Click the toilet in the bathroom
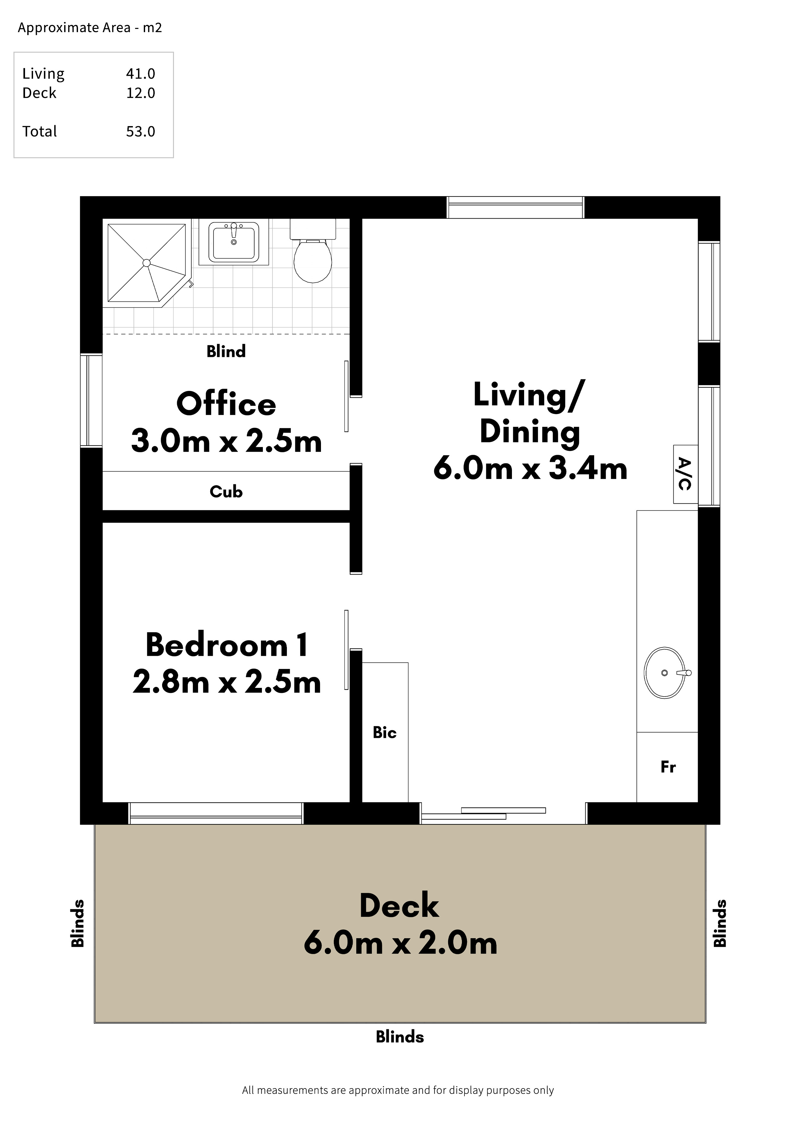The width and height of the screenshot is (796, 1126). (313, 251)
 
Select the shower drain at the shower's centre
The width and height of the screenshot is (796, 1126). (146, 263)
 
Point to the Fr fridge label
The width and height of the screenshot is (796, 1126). (668, 767)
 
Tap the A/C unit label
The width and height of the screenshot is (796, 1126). (685, 474)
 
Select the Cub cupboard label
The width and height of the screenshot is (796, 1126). (226, 491)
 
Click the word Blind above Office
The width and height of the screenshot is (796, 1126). (226, 351)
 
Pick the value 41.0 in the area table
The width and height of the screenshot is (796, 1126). (141, 74)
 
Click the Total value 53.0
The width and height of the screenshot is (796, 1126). (141, 131)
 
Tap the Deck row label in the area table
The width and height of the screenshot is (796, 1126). (39, 93)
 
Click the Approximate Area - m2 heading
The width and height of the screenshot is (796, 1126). (90, 28)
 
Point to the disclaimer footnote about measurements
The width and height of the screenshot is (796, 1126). (398, 1090)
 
